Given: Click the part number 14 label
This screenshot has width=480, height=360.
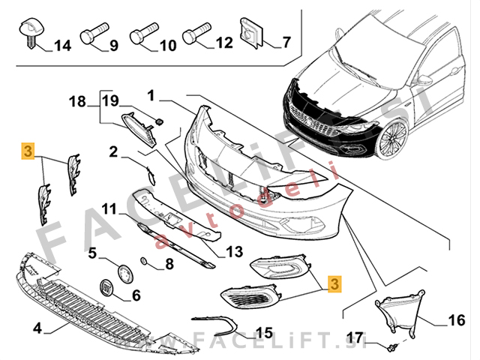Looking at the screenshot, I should click(x=62, y=46).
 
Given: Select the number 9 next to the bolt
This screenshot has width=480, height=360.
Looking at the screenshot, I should click(x=114, y=46).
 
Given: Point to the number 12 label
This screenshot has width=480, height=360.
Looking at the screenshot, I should click(x=224, y=43).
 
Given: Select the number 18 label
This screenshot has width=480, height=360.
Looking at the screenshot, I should click(x=79, y=101).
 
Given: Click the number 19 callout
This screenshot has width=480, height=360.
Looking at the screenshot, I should click(x=110, y=100).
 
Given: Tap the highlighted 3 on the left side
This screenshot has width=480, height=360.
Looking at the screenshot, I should click(x=28, y=151).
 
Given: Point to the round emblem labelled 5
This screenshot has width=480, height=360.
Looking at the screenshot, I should click(x=124, y=270).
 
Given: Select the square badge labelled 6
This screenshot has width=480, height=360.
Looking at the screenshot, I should click(x=107, y=289).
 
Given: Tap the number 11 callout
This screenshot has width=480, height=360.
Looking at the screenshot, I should click(x=109, y=208).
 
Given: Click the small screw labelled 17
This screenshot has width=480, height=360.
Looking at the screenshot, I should click(x=392, y=346).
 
